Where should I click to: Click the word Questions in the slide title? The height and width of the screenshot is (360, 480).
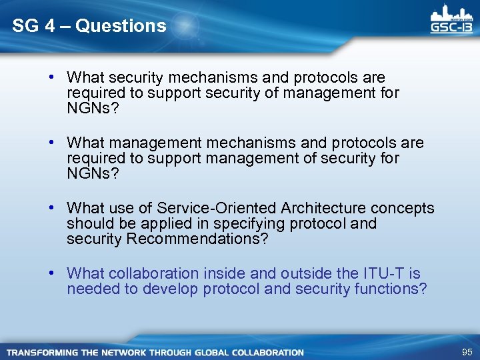click(121, 26)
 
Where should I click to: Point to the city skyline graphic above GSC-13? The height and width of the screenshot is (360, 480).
click(451, 13)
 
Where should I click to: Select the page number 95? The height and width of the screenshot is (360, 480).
click(466, 352)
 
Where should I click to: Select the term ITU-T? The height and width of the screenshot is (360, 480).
click(383, 273)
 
